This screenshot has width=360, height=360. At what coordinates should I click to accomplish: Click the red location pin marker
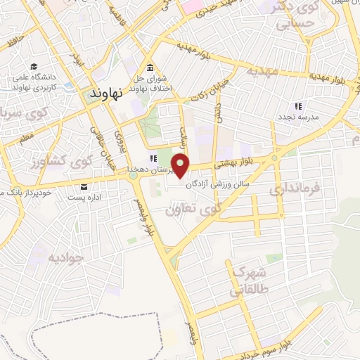(181, 166)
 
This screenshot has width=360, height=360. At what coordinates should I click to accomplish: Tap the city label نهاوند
(108, 92)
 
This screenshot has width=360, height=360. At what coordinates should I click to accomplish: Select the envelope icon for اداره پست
(84, 186)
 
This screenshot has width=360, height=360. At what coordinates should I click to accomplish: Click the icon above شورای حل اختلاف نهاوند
(150, 68)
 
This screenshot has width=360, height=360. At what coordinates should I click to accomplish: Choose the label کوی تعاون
(191, 209)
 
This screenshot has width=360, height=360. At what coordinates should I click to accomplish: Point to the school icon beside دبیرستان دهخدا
(150, 160)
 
